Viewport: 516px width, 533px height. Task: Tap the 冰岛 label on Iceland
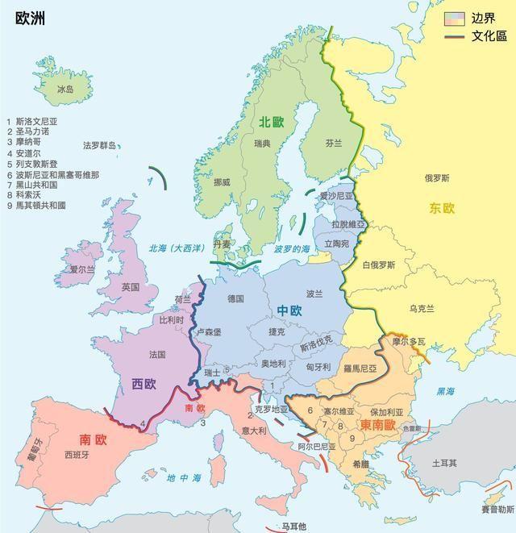(x=65, y=90)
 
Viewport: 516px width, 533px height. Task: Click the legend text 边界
(x=484, y=19)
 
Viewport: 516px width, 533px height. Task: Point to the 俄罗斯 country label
(x=437, y=177)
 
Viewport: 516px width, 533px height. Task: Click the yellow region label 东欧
(x=442, y=208)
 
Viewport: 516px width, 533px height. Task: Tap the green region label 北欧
(x=272, y=122)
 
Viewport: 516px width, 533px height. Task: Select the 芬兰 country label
(x=334, y=143)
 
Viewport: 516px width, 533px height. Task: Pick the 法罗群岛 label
(x=99, y=146)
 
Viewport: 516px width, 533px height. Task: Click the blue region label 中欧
(x=289, y=310)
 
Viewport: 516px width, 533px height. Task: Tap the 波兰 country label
(x=314, y=294)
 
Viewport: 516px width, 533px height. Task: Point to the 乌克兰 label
(x=422, y=308)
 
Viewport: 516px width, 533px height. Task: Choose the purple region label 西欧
(x=144, y=384)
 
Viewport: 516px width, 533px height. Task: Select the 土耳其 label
(x=444, y=464)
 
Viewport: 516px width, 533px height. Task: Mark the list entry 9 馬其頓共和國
(x=36, y=206)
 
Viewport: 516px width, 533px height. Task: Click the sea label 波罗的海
(x=291, y=250)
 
